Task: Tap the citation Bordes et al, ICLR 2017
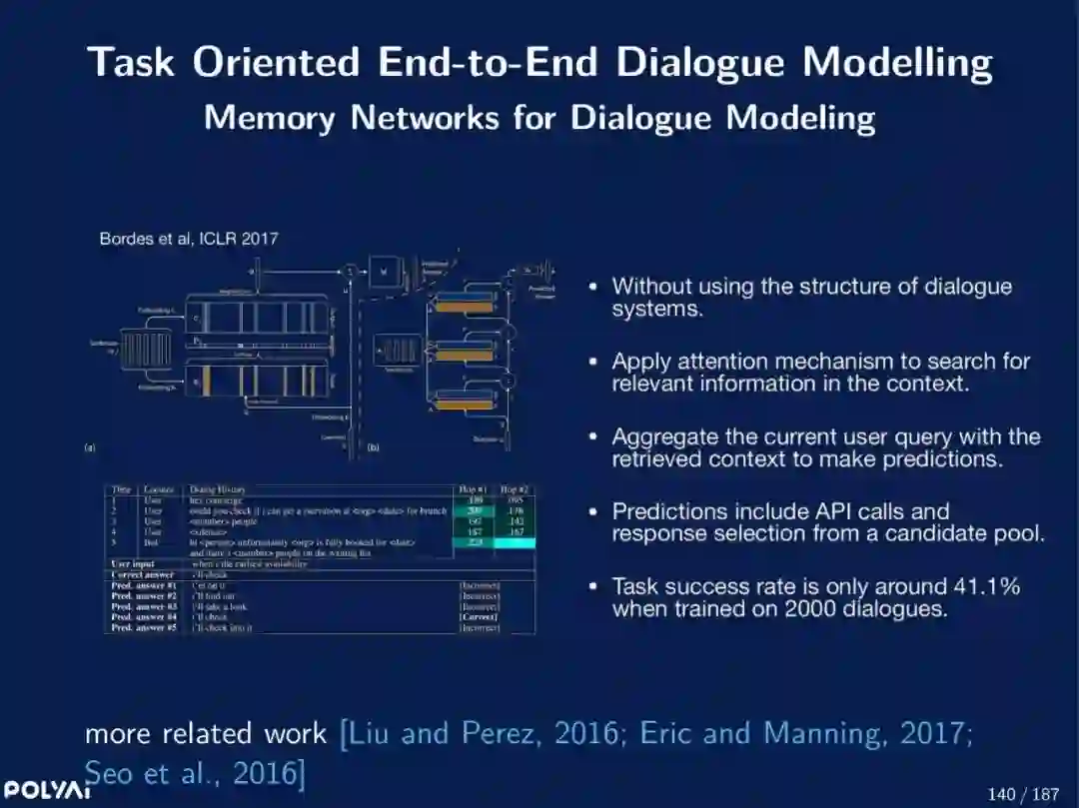(x=189, y=239)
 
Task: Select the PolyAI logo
(x=46, y=789)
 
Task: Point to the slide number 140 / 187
(x=1022, y=794)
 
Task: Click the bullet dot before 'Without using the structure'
(x=593, y=287)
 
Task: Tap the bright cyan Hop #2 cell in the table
(x=516, y=543)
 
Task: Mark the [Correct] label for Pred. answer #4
(x=479, y=617)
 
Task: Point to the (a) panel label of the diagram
(x=89, y=448)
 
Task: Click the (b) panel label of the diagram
(x=374, y=447)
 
